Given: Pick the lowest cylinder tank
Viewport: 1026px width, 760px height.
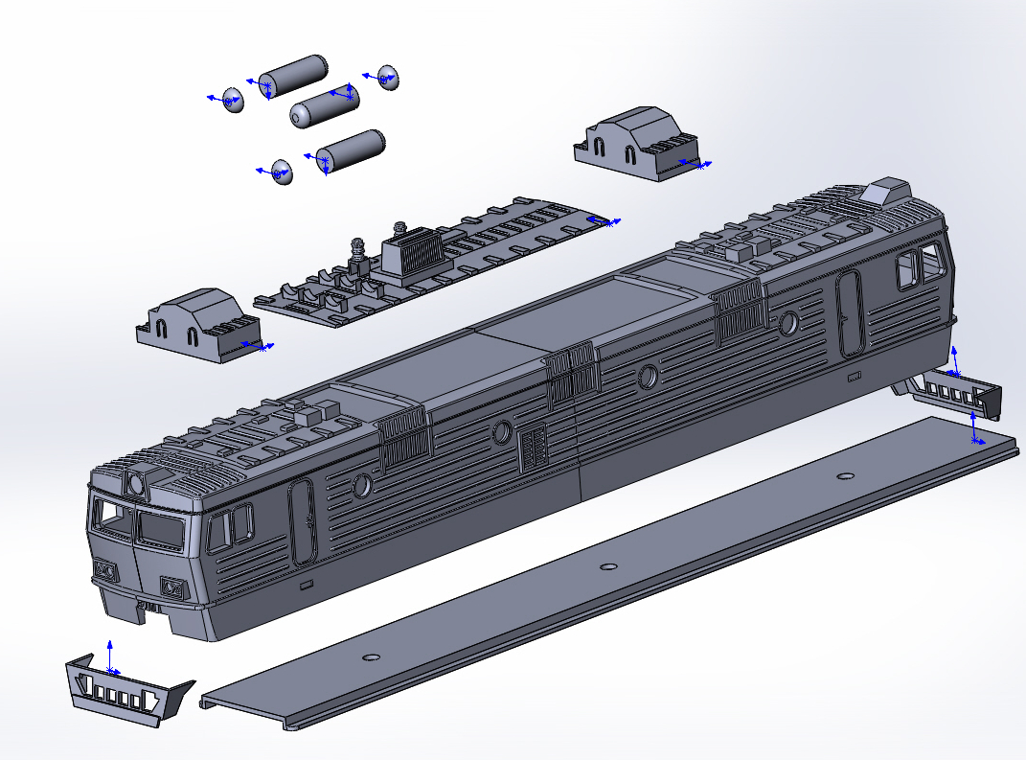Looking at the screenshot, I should click(x=351, y=150).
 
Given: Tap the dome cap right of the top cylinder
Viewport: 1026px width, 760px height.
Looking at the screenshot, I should click(x=387, y=78).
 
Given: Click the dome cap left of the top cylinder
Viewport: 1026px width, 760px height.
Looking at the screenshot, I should click(x=233, y=99).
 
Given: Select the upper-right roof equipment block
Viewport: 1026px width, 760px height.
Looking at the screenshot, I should click(x=636, y=142).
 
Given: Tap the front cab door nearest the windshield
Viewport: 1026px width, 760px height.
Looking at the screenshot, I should click(x=303, y=520).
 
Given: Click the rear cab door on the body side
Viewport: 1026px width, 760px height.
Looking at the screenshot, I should click(x=848, y=312).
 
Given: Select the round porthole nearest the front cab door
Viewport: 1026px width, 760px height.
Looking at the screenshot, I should click(x=362, y=486).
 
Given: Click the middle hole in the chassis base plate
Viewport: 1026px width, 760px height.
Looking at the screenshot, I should click(x=607, y=566).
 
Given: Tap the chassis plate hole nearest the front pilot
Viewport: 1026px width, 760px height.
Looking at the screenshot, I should click(x=372, y=657).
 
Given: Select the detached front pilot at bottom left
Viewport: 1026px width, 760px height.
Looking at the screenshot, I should click(x=125, y=689).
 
